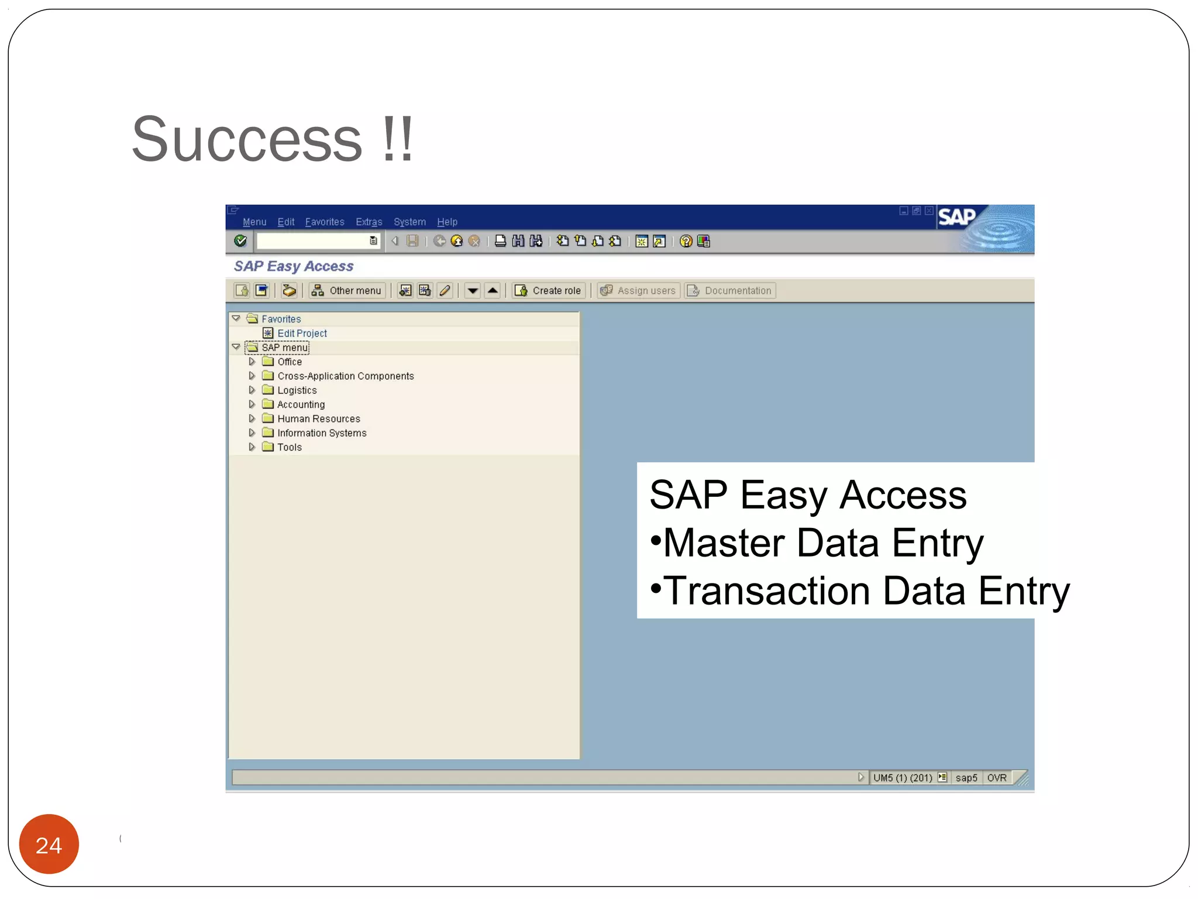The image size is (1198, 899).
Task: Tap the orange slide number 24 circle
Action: tap(49, 844)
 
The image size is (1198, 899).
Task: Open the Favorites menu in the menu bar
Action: tap(325, 222)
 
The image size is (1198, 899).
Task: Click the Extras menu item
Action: tap(369, 222)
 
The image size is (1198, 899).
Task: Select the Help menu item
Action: tap(447, 222)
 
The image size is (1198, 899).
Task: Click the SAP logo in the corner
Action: tap(957, 217)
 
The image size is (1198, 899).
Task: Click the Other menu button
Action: tap(347, 290)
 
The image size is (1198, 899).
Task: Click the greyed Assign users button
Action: tap(638, 290)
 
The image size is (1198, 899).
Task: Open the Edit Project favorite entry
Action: tap(302, 333)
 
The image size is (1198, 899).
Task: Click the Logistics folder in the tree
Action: tap(297, 390)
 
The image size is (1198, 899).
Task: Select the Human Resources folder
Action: tap(318, 418)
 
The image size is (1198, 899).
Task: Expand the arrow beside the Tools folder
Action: tap(252, 447)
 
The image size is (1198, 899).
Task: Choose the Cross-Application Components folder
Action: tap(345, 376)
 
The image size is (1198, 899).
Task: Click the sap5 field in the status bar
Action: tap(966, 777)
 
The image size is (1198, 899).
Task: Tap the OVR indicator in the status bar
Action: tap(997, 777)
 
